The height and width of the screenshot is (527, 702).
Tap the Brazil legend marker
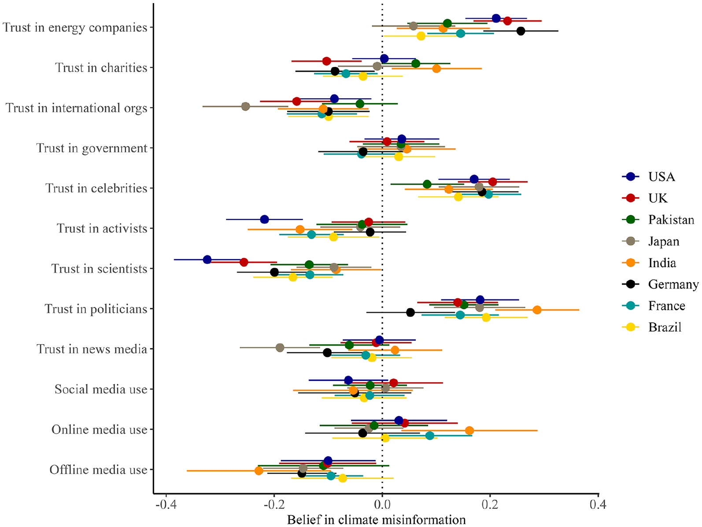tap(630, 327)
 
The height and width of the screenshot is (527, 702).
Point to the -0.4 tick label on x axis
tap(166, 505)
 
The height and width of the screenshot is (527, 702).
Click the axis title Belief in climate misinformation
tap(376, 520)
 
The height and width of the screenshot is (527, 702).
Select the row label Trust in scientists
tap(99, 269)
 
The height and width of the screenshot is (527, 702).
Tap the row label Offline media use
tap(99, 469)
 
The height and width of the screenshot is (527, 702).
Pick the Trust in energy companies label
tap(75, 27)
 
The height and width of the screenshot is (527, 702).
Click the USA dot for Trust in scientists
tap(207, 259)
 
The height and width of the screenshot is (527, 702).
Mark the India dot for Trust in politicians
tap(537, 310)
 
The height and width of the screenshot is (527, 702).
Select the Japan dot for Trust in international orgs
tap(245, 107)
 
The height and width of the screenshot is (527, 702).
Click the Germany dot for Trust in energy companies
tap(521, 31)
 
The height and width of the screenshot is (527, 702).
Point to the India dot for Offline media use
tap(259, 471)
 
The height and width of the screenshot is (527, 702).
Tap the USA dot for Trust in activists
tap(265, 220)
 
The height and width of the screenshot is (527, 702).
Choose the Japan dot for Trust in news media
tap(280, 348)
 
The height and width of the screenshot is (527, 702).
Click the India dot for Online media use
tap(469, 431)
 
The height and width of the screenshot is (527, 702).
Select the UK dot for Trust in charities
tap(326, 61)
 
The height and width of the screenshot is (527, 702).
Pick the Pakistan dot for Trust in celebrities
tap(427, 184)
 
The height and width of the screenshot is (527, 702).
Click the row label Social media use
tap(101, 389)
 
